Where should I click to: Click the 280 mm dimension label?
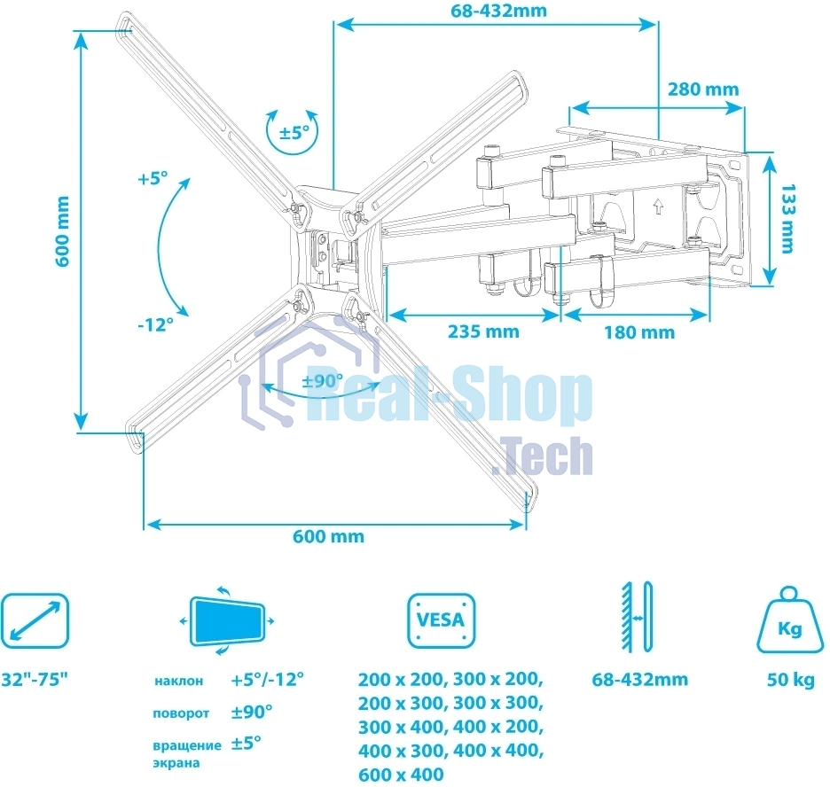click(703, 90)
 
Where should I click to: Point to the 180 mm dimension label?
click(638, 332)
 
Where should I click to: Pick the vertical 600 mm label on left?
click(63, 234)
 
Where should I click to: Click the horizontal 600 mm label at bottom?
click(328, 537)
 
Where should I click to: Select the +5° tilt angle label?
click(153, 178)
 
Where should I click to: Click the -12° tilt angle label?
click(155, 324)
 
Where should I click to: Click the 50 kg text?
click(790, 681)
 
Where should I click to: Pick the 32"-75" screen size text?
click(35, 681)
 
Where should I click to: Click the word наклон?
click(178, 682)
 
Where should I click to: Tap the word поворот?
click(181, 713)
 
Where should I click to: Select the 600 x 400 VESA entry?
click(402, 775)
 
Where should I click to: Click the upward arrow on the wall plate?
click(656, 207)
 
